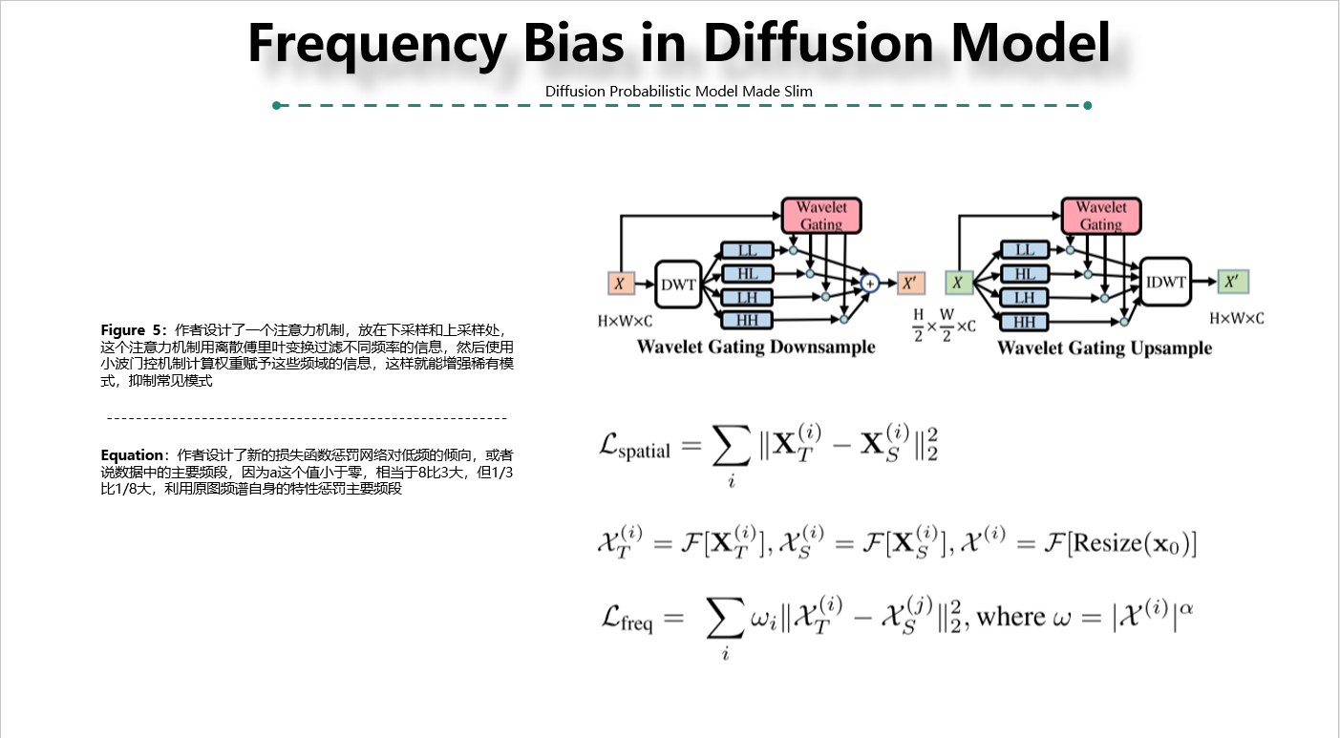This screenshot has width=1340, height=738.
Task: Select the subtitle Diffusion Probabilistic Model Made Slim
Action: pyautogui.click(x=679, y=91)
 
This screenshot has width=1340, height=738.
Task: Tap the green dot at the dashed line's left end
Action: pyautogui.click(x=276, y=105)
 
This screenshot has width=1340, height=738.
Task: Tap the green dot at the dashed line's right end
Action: pyautogui.click(x=1087, y=105)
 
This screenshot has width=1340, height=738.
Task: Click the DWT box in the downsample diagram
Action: pyautogui.click(x=678, y=284)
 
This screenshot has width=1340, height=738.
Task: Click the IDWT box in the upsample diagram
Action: pyautogui.click(x=1165, y=282)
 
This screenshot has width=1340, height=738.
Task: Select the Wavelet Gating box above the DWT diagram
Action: pyautogui.click(x=820, y=216)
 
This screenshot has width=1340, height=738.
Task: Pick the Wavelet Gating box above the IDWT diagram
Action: pyautogui.click(x=1100, y=216)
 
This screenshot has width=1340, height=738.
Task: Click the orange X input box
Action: pyautogui.click(x=621, y=284)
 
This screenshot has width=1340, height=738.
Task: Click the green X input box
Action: pyautogui.click(x=959, y=283)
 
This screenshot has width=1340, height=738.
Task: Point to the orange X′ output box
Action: pyautogui.click(x=911, y=283)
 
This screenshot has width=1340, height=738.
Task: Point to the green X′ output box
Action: pyautogui.click(x=1232, y=282)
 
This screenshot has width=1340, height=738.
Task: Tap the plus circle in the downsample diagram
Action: pyautogui.click(x=869, y=283)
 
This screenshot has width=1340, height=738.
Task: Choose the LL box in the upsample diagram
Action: pyautogui.click(x=1025, y=250)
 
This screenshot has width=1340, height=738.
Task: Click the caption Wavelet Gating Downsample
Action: pyautogui.click(x=755, y=347)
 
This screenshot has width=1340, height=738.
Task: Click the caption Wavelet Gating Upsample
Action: pyautogui.click(x=1104, y=348)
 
